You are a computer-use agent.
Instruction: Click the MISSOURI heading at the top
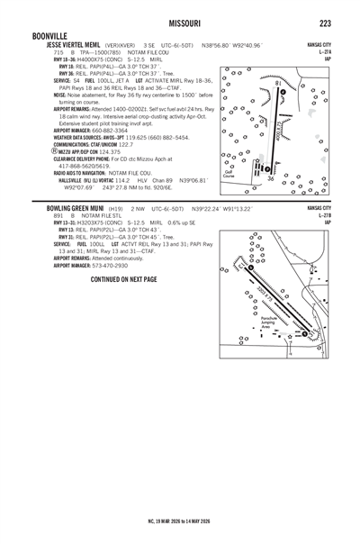click(x=179, y=22)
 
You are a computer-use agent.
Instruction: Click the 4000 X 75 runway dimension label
click(x=283, y=129)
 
